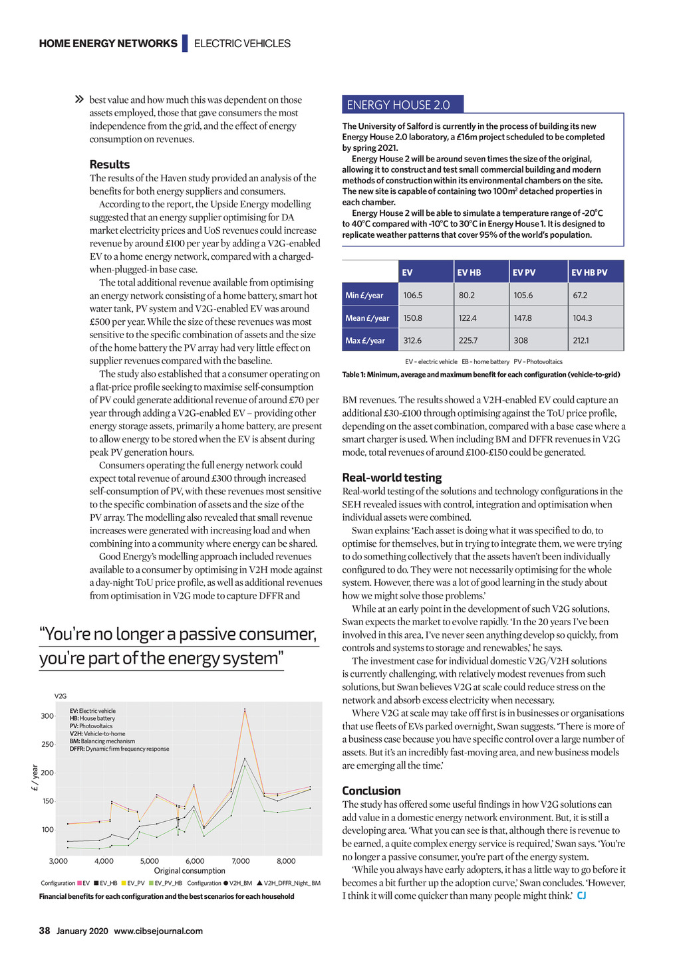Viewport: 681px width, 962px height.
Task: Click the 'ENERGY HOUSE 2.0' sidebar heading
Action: click(398, 105)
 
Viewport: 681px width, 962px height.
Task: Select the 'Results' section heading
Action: click(110, 164)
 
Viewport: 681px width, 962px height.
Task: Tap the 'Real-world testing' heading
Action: click(392, 477)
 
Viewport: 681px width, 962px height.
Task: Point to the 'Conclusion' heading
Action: click(371, 791)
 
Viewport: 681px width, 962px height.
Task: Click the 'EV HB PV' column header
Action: click(590, 272)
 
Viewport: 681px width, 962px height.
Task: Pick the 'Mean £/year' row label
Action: click(367, 318)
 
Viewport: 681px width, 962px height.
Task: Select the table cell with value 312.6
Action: click(412, 340)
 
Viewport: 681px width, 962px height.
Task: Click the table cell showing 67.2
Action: click(580, 295)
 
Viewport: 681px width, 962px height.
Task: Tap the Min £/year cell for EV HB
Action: click(467, 295)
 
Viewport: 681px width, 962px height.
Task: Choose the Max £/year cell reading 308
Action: click(521, 340)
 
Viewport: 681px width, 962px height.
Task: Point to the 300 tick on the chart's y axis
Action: click(47, 716)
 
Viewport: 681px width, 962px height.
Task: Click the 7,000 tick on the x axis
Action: click(241, 861)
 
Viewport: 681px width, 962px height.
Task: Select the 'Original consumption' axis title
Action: click(190, 870)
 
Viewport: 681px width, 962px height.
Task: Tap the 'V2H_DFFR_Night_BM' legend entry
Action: click(292, 883)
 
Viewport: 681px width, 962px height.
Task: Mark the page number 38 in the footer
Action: click(45, 931)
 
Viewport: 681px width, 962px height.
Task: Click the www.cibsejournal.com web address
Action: click(158, 931)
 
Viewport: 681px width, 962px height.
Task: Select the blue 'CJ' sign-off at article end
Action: click(581, 896)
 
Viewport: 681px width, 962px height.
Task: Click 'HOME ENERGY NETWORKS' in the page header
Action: click(108, 44)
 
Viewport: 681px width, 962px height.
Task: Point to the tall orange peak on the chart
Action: click(245, 710)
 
